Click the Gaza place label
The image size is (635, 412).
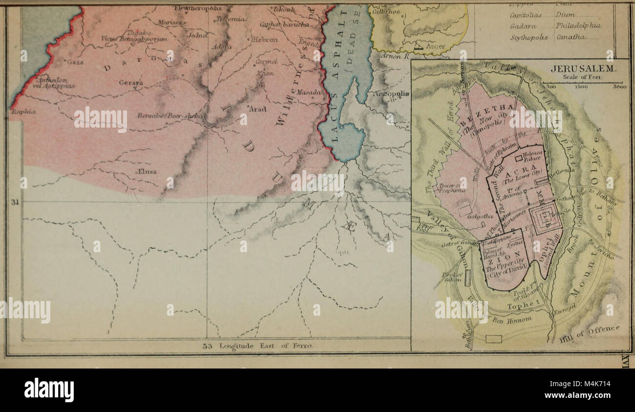pos(76,62)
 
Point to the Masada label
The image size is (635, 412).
pos(309,92)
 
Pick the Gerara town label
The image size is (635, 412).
pos(130,83)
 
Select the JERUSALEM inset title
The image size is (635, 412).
pos(583,69)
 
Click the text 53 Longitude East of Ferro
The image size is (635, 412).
pos(257,346)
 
